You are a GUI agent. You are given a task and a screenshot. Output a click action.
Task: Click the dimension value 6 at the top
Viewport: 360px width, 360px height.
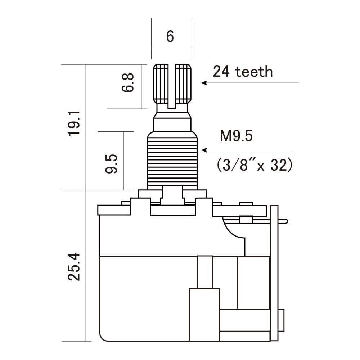click(170, 37)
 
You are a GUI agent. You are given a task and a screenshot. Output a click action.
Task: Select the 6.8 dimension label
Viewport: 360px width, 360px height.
click(128, 83)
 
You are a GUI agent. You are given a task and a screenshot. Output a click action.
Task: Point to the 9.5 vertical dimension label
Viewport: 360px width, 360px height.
click(112, 164)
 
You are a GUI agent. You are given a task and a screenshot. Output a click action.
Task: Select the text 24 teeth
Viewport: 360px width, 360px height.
click(243, 72)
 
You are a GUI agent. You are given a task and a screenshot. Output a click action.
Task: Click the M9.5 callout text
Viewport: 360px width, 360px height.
click(237, 137)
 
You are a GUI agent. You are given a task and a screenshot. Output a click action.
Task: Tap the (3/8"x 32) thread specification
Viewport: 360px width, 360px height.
click(254, 165)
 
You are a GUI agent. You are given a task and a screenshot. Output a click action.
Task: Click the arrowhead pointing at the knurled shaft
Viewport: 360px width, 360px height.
click(204, 83)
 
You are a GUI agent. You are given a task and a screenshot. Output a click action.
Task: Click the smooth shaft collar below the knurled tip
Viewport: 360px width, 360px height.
click(172, 121)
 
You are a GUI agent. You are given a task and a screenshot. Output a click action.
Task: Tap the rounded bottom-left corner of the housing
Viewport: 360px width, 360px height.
click(103, 337)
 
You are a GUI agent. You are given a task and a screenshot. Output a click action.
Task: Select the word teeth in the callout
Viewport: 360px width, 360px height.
click(254, 72)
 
